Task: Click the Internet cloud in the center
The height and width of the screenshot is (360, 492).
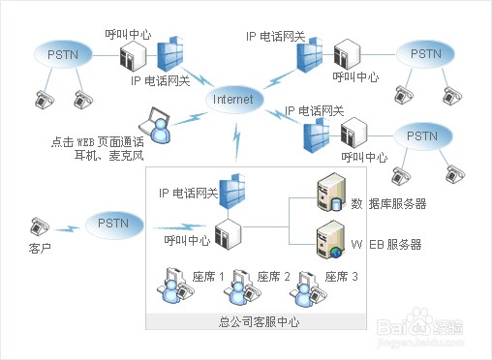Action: (x=233, y=99)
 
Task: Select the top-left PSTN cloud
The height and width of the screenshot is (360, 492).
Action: (x=57, y=55)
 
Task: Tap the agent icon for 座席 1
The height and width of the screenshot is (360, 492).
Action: (x=175, y=285)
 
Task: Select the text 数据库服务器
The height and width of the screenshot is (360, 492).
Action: (x=388, y=203)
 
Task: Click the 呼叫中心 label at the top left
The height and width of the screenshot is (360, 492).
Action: (x=127, y=32)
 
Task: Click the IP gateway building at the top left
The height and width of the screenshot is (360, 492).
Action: (x=168, y=55)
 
